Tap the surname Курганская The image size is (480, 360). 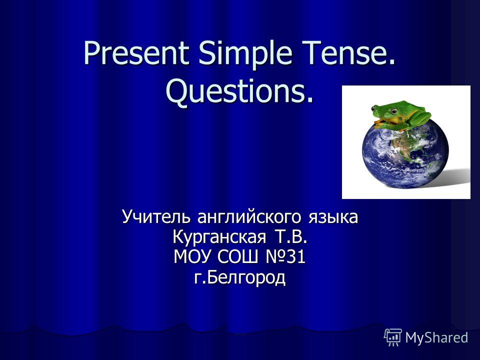coord(219,237)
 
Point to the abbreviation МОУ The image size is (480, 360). coord(192,256)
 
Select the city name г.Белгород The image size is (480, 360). coord(239,277)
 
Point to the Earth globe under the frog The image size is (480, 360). coord(405,154)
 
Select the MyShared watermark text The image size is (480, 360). coord(436,338)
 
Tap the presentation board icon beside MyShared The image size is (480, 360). coord(393,337)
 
